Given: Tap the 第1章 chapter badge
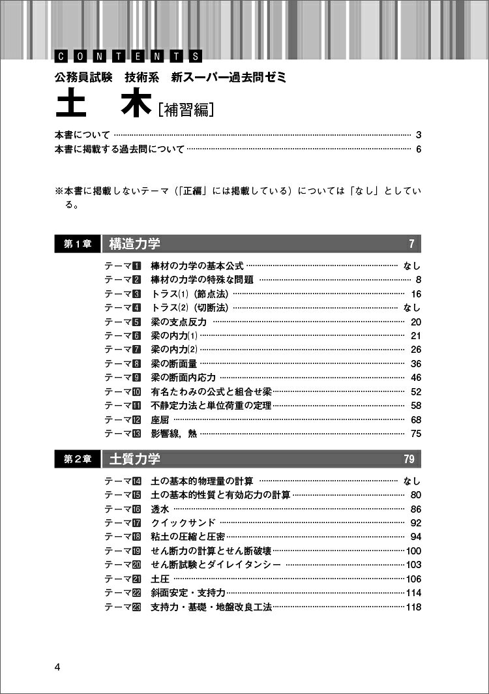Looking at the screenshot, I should coord(78,244).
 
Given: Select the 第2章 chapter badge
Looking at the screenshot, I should coord(78,459).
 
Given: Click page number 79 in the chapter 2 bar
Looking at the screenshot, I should coord(409,459).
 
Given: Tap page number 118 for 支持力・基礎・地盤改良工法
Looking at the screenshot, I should coord(413,607).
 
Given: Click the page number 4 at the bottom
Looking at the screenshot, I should coord(58,667).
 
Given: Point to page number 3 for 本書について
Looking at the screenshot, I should coord(419,135).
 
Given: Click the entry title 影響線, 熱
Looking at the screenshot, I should coord(174,434).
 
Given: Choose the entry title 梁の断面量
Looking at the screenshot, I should coord(174,363).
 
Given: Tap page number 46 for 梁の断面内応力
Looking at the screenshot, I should coord(416,378).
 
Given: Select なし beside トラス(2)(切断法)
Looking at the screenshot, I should coord(412,307).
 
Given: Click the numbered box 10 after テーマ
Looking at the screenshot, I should coord(136,391).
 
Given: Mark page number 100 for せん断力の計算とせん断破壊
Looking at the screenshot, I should coord(413,551).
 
